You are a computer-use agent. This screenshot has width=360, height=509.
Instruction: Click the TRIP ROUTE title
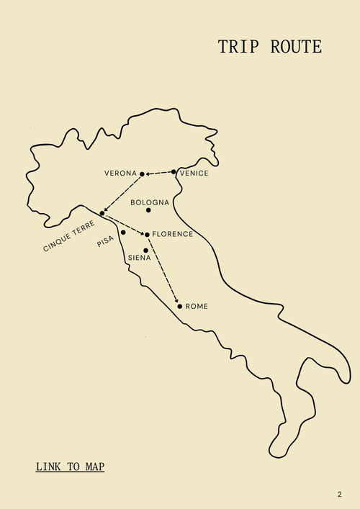(x=269, y=48)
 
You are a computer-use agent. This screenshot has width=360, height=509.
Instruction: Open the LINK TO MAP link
(x=70, y=467)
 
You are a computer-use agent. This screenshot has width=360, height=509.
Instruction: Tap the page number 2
(x=339, y=495)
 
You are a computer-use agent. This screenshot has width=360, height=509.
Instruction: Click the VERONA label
(x=120, y=174)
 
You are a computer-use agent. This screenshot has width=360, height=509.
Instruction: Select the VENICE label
(x=194, y=174)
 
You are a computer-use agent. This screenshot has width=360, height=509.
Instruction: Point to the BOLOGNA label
(x=150, y=202)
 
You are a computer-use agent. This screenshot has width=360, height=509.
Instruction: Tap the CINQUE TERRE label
(x=68, y=236)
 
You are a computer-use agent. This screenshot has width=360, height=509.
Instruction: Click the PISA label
(x=106, y=242)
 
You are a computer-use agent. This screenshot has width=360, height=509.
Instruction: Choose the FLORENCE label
(x=173, y=235)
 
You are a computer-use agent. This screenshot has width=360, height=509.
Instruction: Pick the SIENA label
(x=139, y=258)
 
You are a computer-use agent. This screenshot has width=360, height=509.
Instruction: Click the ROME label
(x=197, y=307)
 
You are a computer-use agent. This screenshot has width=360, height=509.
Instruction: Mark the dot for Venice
(x=174, y=172)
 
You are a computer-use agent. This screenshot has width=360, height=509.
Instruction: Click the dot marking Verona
(x=142, y=174)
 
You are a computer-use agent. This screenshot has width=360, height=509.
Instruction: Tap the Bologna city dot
(x=148, y=210)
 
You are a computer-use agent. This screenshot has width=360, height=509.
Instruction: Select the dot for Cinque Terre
(x=102, y=213)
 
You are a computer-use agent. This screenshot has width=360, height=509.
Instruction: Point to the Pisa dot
(x=123, y=233)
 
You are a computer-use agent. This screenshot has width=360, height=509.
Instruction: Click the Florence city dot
(x=147, y=235)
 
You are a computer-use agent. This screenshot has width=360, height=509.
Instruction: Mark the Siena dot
(x=145, y=251)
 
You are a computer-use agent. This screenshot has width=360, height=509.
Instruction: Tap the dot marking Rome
(x=180, y=306)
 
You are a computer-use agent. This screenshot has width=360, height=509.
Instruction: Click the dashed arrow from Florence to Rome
(x=163, y=270)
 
